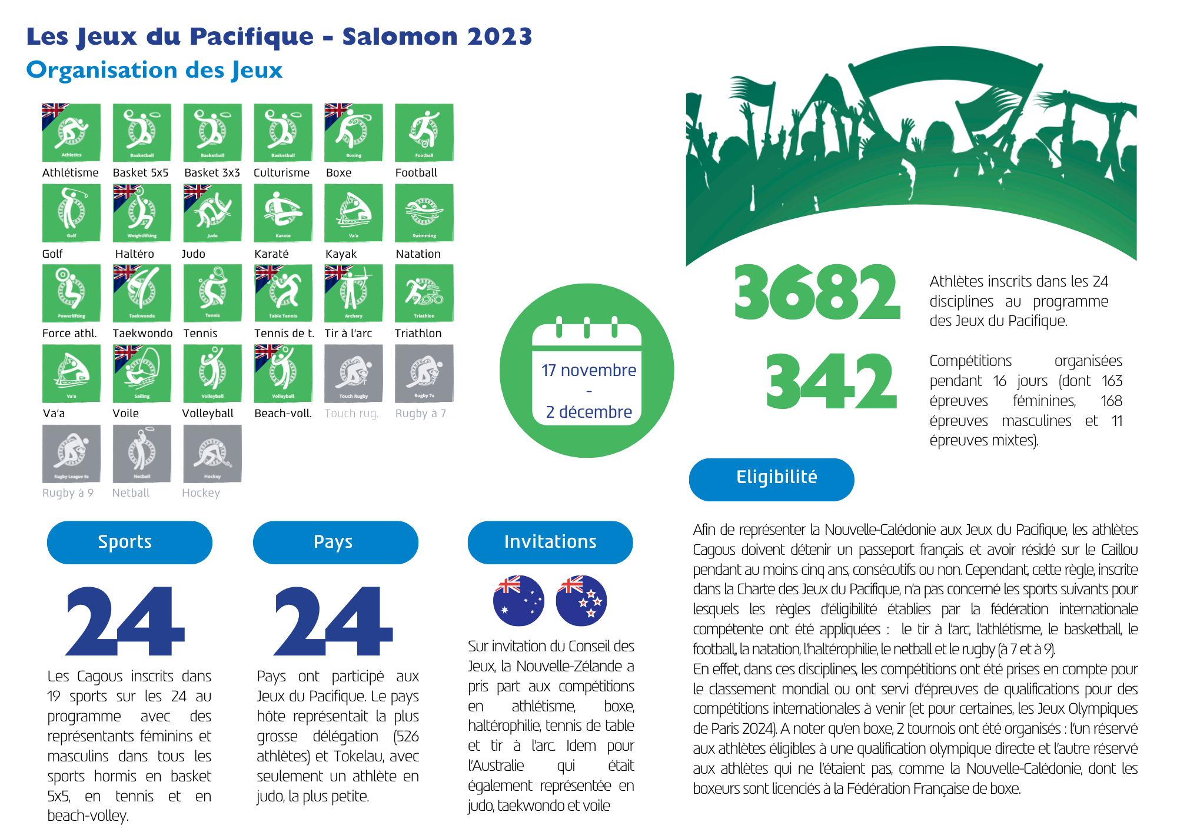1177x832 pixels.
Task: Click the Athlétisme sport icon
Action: [x=71, y=132]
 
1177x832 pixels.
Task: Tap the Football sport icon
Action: [x=424, y=132]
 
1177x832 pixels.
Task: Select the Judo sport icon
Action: [x=212, y=212]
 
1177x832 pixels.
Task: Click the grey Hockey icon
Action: [x=212, y=453]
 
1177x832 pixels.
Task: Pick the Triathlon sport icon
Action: [x=424, y=292]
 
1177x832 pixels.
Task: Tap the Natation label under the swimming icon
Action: [x=418, y=254]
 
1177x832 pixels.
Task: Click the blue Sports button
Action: [x=129, y=542]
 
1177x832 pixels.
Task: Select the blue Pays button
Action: [x=335, y=542]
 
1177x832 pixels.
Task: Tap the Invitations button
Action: [x=550, y=542]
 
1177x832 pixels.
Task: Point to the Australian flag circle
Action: [x=518, y=600]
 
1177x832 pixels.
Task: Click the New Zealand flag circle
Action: [x=581, y=600]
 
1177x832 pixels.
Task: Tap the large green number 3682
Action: [x=817, y=292]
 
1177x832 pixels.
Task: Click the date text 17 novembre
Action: [x=588, y=370]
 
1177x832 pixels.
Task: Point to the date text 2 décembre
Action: [x=588, y=412]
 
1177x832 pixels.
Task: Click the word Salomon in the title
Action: [x=400, y=36]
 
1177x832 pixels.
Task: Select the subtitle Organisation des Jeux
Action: [x=154, y=70]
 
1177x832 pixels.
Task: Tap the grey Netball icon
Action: [x=142, y=453]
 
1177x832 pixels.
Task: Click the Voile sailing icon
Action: [x=142, y=373]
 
